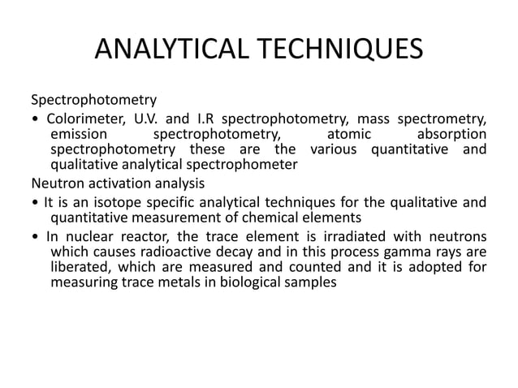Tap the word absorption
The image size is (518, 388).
451,134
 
